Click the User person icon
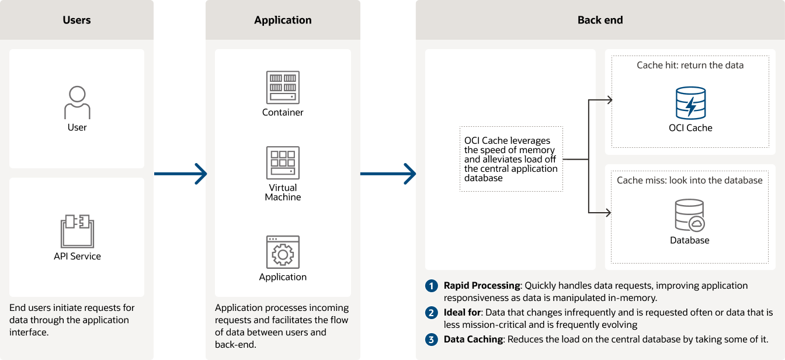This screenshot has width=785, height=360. pyautogui.click(x=77, y=103)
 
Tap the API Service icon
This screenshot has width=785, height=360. pyautogui.click(x=77, y=231)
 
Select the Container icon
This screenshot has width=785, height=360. pyautogui.click(x=283, y=87)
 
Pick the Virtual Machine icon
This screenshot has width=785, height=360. pyautogui.click(x=283, y=162)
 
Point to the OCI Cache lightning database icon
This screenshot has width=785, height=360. pyautogui.click(x=690, y=103)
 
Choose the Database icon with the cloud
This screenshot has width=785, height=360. pyautogui.click(x=689, y=216)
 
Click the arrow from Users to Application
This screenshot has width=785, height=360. pyautogui.click(x=180, y=174)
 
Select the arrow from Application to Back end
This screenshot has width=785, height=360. pyautogui.click(x=388, y=174)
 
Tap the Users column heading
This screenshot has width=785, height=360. pyautogui.click(x=77, y=20)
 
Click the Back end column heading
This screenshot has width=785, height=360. pyautogui.click(x=600, y=20)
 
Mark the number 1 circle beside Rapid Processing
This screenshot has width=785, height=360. pyautogui.click(x=432, y=286)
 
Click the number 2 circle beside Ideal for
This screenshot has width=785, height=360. pyautogui.click(x=432, y=313)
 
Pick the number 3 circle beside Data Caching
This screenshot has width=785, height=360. pyautogui.click(x=432, y=340)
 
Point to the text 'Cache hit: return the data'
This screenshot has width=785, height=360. pyautogui.click(x=690, y=65)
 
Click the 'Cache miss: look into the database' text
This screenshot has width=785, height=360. pyautogui.click(x=689, y=180)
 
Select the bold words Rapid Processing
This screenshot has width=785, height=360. pyautogui.click(x=481, y=286)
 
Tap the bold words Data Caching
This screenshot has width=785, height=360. pyautogui.click(x=473, y=340)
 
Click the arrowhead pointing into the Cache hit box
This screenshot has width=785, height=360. pyautogui.click(x=609, y=100)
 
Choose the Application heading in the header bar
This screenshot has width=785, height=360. pyautogui.click(x=283, y=20)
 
